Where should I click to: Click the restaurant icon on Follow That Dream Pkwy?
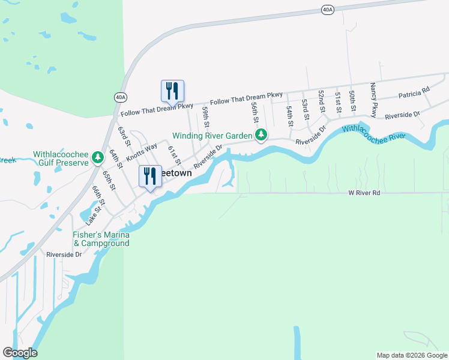(172, 91)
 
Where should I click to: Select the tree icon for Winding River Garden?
(261, 136)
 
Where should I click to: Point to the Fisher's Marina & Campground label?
(101, 239)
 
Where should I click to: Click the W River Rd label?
(364, 193)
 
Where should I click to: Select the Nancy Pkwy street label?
(373, 100)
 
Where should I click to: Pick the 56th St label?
(255, 110)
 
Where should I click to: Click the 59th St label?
(205, 116)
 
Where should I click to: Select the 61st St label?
(174, 155)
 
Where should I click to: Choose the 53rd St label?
(305, 110)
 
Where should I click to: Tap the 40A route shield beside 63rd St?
(120, 97)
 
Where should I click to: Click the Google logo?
(20, 353)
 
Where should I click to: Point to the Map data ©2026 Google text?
(411, 355)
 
